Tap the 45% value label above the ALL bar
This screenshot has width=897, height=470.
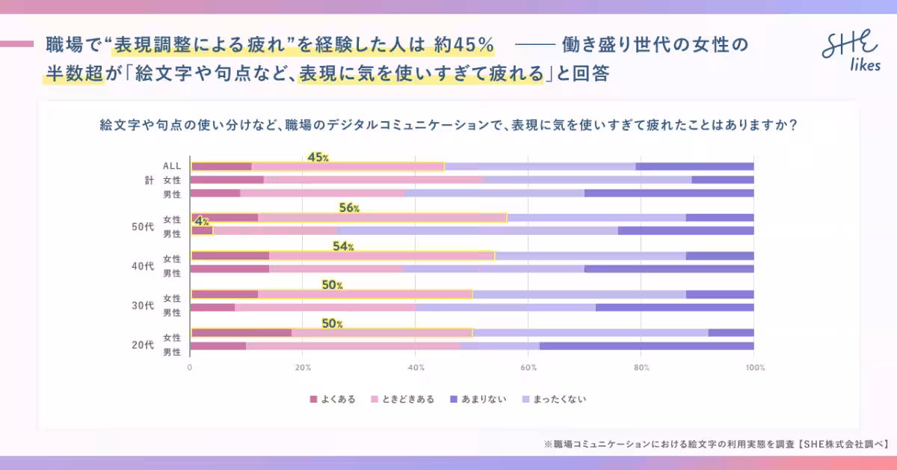tap(318, 157)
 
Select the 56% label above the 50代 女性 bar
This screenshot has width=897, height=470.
tap(349, 208)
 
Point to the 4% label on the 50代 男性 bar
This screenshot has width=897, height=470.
tap(201, 222)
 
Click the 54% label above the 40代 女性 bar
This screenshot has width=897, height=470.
tap(343, 246)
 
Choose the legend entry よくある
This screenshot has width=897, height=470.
tap(333, 399)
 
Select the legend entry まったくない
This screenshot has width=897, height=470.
tap(555, 399)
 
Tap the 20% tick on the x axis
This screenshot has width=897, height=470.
tap(303, 367)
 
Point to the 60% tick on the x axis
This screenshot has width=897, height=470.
tap(528, 367)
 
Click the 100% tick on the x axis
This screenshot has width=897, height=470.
tap(753, 367)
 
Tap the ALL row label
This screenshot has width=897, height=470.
tap(172, 166)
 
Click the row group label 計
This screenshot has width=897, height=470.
tap(148, 180)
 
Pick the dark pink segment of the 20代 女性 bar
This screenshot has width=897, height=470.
tap(241, 333)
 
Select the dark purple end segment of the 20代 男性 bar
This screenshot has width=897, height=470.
tap(646, 347)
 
